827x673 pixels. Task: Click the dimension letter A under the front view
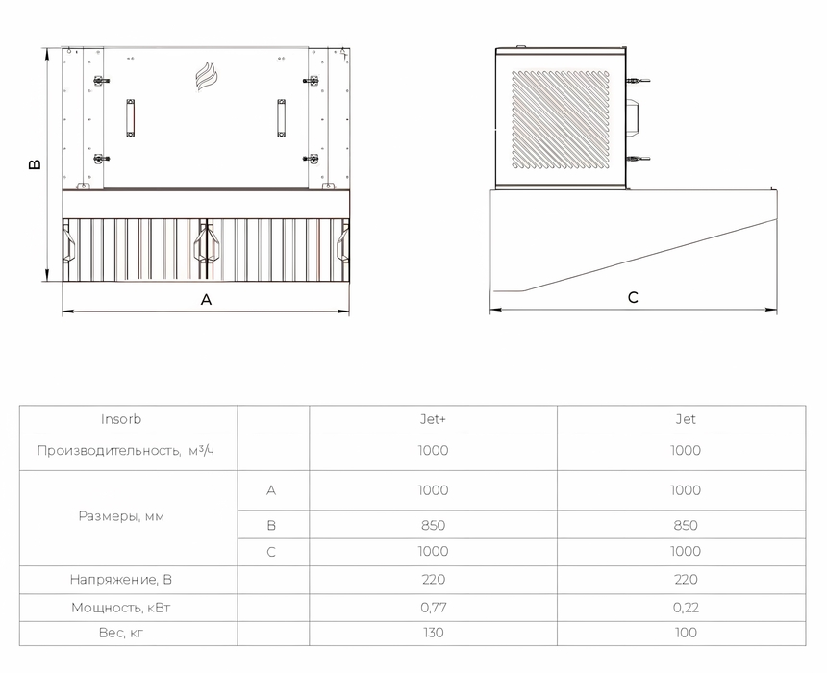(206, 300)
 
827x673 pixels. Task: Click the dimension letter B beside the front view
(35, 164)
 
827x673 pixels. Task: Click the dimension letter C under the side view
(633, 297)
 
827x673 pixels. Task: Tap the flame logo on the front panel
(205, 77)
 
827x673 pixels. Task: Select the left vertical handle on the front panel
(130, 117)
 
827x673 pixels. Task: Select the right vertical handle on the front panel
(281, 117)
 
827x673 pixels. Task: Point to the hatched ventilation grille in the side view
(560, 120)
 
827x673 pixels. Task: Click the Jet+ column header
(433, 419)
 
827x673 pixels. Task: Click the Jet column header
(686, 419)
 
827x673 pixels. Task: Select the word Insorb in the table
(121, 419)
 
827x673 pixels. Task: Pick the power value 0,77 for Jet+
(434, 608)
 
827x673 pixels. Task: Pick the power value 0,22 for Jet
(686, 608)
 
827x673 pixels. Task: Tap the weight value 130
(433, 633)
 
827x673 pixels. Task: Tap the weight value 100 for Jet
(686, 633)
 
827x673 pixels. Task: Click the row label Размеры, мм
(121, 516)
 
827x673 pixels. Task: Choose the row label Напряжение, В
(121, 580)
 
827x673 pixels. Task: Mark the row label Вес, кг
(121, 633)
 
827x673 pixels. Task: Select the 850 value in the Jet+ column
(433, 525)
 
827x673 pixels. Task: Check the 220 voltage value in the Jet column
(686, 580)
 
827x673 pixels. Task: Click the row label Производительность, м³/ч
(126, 450)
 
